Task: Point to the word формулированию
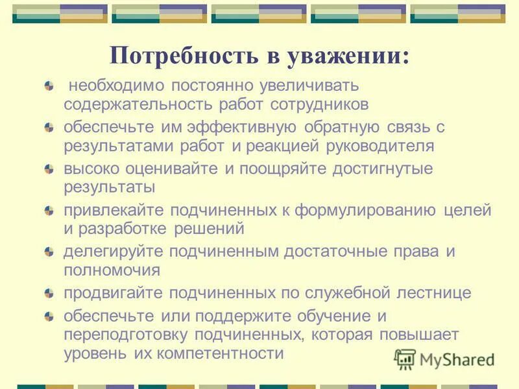tap(367, 210)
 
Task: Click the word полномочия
tap(112, 270)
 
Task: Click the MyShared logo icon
tap(405, 358)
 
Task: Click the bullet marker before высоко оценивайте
tap(49, 169)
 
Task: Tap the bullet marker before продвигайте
tap(49, 294)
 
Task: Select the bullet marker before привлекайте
tap(49, 211)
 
